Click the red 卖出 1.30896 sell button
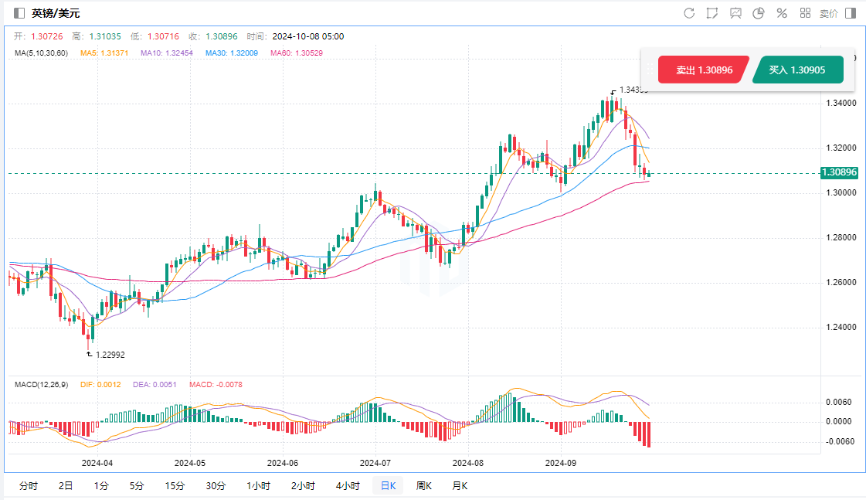coord(702,70)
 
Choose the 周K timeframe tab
coord(423,485)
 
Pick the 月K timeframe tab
coord(460,485)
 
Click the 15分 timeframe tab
coord(175,485)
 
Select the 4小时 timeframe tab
coord(348,485)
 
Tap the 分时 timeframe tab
coord(28,485)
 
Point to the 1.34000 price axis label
coord(840,103)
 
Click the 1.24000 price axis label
coord(840,327)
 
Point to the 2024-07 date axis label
coord(375,464)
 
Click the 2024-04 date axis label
coord(97,464)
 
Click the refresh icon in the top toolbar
coord(689,13)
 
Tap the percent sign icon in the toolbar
coord(781,13)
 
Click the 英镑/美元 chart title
coord(56,13)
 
